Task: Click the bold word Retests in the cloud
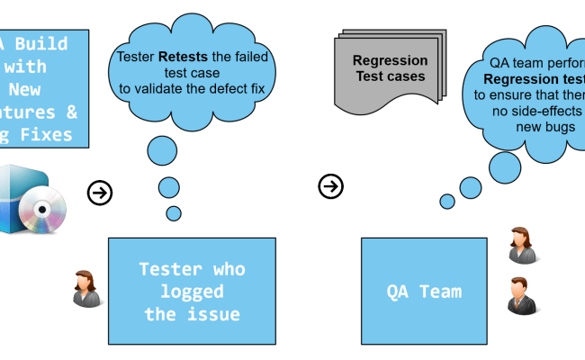click(x=184, y=57)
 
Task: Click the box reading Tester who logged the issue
click(x=192, y=291)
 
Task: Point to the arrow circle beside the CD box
click(x=99, y=193)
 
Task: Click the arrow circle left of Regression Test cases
click(x=330, y=186)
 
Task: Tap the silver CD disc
click(x=41, y=212)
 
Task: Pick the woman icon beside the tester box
click(x=87, y=286)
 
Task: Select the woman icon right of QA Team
click(x=522, y=245)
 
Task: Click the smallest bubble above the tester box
click(x=173, y=213)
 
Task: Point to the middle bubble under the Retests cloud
click(x=169, y=187)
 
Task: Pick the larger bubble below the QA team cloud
click(x=471, y=187)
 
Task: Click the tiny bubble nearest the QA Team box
click(x=446, y=201)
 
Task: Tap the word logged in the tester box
click(x=192, y=292)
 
